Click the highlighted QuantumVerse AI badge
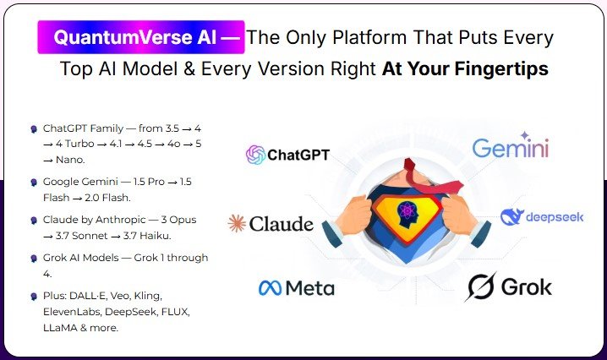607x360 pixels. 140,38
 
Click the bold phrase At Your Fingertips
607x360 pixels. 465,69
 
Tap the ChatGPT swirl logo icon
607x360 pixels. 254,155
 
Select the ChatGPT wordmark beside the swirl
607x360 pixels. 298,155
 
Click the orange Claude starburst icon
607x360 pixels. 237,223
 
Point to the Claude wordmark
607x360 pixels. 282,224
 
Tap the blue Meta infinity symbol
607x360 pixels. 270,288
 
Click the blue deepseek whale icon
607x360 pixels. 512,217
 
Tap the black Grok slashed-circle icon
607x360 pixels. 481,287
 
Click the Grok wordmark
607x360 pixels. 525,287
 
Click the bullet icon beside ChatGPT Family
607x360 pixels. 33,128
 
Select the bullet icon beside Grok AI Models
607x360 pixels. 33,258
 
